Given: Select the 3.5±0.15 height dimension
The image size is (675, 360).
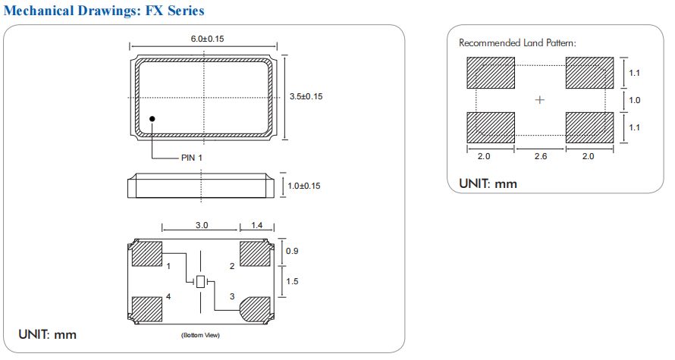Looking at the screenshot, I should click(x=307, y=96).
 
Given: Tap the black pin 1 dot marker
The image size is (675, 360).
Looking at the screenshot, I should click(x=152, y=118).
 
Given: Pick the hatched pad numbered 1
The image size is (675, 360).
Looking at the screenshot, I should click(x=147, y=254).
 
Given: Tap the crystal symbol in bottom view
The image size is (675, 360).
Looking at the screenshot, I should click(x=200, y=282).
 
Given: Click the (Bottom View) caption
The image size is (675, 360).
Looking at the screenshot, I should click(x=200, y=335).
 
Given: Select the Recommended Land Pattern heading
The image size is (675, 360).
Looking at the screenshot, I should click(x=517, y=43).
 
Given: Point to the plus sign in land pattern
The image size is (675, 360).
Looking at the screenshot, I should click(x=540, y=100).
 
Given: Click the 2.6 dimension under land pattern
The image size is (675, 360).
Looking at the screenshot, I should click(x=540, y=156).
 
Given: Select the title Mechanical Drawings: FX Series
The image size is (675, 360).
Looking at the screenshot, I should click(x=104, y=11).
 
